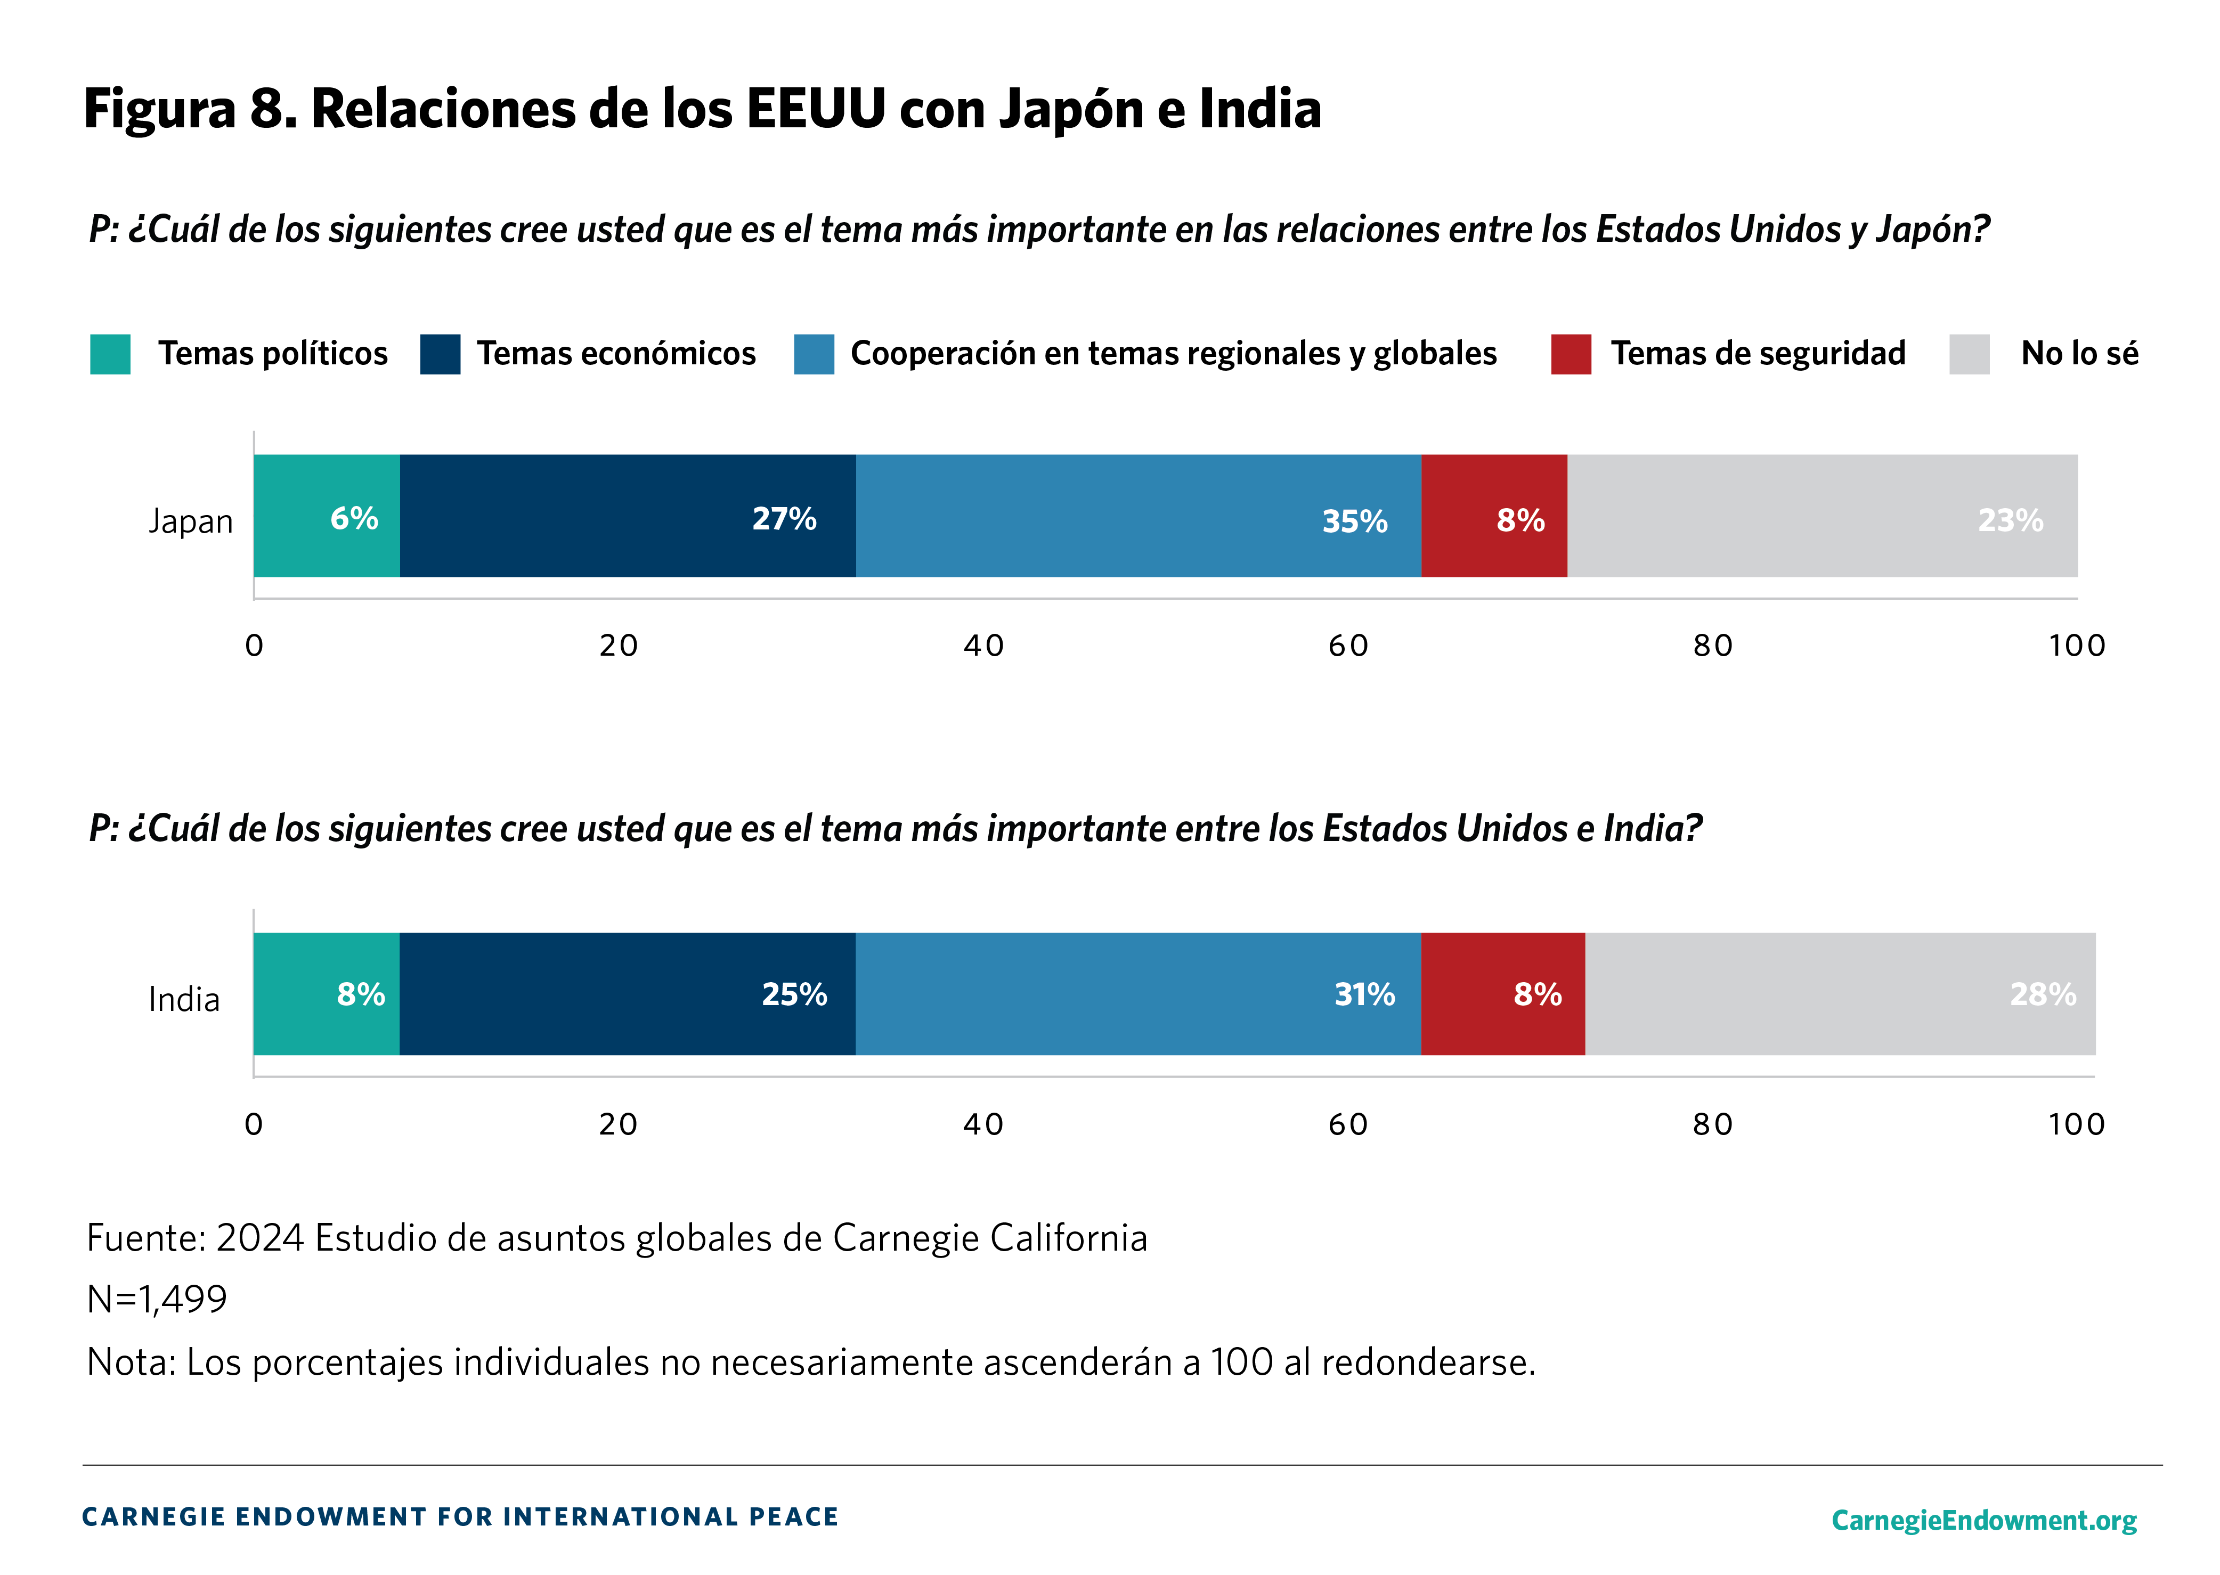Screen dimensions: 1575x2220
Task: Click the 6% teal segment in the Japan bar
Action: pos(327,516)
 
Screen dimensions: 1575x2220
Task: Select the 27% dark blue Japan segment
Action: pos(628,516)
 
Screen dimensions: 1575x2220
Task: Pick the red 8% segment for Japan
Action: pos(1493,516)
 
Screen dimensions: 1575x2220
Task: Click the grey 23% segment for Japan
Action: pos(1821,516)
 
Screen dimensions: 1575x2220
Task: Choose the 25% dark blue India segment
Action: pos(628,994)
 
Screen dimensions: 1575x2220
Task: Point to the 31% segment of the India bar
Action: pos(1137,994)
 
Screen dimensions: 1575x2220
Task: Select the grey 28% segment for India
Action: pos(1840,994)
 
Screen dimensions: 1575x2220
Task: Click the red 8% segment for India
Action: pos(1502,994)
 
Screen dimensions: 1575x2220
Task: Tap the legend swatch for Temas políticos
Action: pos(111,354)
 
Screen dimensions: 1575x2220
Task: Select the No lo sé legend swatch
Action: pos(1969,354)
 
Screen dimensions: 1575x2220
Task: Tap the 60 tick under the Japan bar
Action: pos(1348,646)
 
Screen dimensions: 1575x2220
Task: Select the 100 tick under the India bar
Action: pos(2076,1125)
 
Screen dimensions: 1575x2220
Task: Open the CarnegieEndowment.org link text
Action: pos(1983,1520)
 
